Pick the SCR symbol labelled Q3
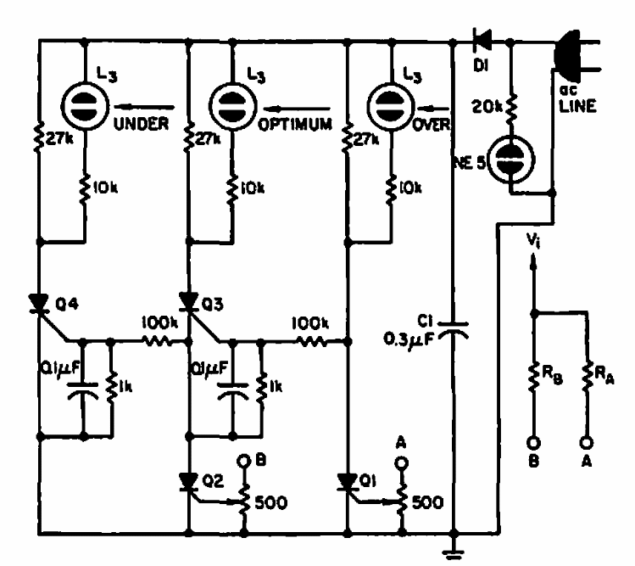(188, 302)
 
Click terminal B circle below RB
(532, 442)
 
